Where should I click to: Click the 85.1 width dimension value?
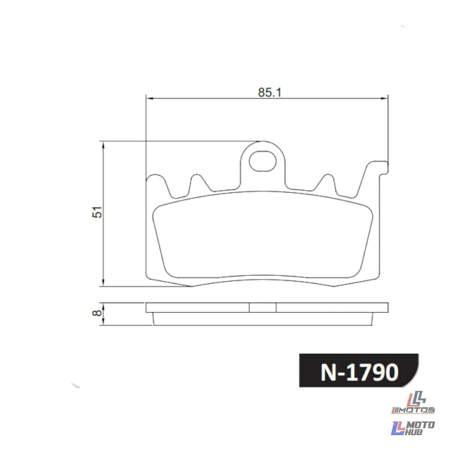click(x=269, y=93)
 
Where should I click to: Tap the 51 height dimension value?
click(x=98, y=212)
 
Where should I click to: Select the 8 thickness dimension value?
click(x=97, y=313)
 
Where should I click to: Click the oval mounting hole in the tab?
click(x=262, y=161)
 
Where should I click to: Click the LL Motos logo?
click(x=413, y=403)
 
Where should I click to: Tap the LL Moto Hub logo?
click(x=412, y=428)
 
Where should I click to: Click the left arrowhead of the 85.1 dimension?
click(x=149, y=98)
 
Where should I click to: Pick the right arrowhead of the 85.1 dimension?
click(x=385, y=98)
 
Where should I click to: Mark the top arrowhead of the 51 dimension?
click(x=103, y=145)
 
